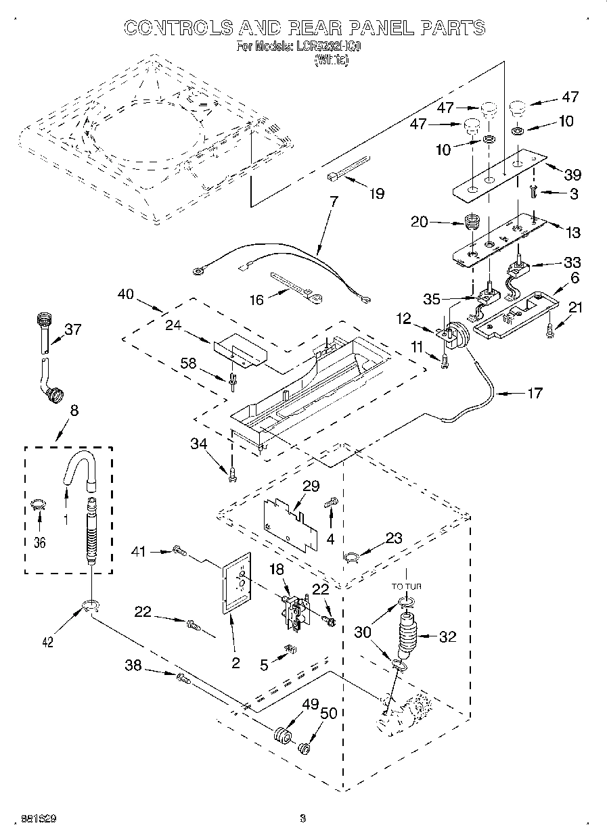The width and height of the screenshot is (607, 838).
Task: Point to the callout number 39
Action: (x=572, y=174)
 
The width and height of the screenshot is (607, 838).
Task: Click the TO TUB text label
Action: (x=406, y=586)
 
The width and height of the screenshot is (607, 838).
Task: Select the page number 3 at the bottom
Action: (x=302, y=819)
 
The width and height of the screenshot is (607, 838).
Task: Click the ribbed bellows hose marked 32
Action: (x=408, y=635)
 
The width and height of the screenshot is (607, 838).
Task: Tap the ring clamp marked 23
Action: (x=352, y=557)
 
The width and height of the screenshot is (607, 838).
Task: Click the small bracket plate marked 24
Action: (x=239, y=350)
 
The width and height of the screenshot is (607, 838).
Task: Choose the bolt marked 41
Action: (x=179, y=552)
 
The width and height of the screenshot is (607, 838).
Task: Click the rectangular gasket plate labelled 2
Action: (x=235, y=584)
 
